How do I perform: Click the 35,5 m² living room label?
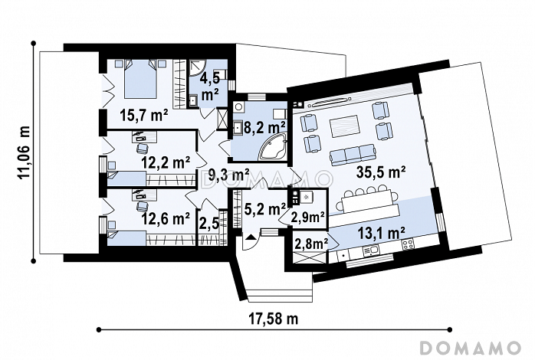click(381, 172)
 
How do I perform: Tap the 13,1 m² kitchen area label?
click(382, 233)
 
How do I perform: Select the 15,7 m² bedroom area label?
click(143, 116)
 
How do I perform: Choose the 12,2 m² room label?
click(166, 162)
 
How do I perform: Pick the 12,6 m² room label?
click(166, 218)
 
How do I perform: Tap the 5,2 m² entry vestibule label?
click(265, 209)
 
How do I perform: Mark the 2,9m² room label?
click(307, 217)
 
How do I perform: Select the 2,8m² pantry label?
click(310, 244)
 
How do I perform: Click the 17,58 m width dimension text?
click(273, 319)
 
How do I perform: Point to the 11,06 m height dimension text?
click(24, 152)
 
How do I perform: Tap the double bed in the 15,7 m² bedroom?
click(140, 79)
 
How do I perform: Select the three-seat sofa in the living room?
click(352, 153)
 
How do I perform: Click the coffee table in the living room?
click(344, 126)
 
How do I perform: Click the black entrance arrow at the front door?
click(251, 237)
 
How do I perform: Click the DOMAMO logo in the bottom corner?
click(470, 348)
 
